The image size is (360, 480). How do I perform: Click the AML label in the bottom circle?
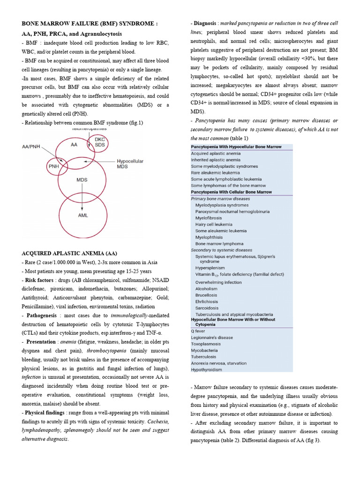[x=82, y=216]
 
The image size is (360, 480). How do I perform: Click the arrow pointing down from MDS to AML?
[x=82, y=197]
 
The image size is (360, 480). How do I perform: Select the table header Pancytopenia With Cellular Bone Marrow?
[x=231, y=192]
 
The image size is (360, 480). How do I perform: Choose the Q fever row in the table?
[x=199, y=330]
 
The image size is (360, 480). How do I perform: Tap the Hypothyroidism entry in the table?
[x=206, y=369]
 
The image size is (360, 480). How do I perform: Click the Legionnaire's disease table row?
[x=212, y=337]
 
